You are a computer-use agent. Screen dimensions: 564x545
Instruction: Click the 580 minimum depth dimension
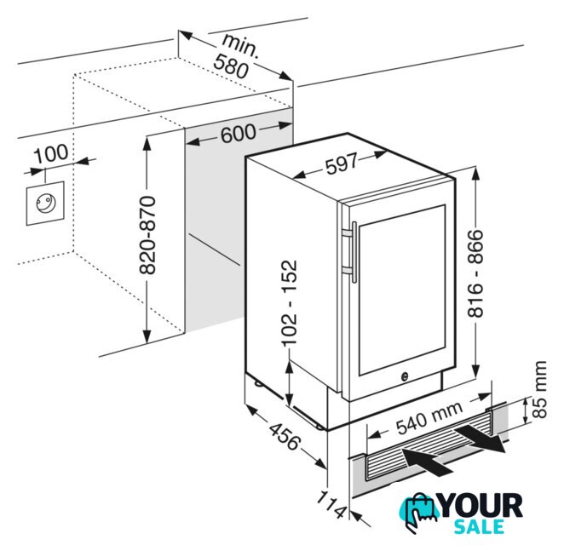point(231,66)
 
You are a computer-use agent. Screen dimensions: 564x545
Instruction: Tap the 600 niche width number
point(238,134)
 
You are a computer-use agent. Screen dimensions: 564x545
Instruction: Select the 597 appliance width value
point(342,163)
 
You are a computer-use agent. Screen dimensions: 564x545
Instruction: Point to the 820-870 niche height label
point(147,235)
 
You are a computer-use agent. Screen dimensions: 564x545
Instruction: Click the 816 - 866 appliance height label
point(475,273)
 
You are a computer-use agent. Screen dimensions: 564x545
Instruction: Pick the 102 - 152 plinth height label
point(289,302)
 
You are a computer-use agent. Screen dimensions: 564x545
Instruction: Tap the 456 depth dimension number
point(285,437)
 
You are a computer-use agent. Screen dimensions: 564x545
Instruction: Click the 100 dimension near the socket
point(51,152)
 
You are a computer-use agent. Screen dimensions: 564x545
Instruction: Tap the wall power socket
point(45,204)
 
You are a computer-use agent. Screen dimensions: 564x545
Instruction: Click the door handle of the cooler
point(351,251)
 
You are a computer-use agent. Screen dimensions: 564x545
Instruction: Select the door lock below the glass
point(405,376)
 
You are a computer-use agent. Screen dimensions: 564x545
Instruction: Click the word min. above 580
point(240,45)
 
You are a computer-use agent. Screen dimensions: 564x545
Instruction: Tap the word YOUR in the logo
point(481,506)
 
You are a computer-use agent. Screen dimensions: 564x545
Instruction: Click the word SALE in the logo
point(479,526)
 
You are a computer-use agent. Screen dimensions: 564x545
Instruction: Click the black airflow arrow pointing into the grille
point(426,461)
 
